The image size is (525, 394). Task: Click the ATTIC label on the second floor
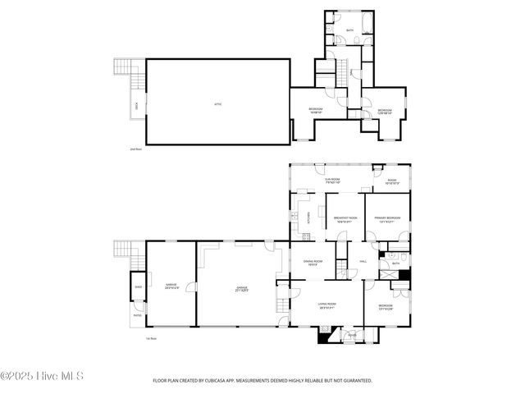click(x=217, y=103)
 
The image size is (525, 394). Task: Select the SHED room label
click(x=138, y=288)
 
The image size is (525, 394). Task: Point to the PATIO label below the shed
click(x=137, y=314)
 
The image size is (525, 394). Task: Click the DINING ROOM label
click(x=313, y=262)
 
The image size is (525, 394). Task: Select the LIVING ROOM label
click(x=328, y=305)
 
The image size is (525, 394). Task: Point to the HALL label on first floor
click(x=363, y=262)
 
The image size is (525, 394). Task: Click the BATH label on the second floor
click(x=349, y=30)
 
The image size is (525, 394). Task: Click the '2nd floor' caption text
click(x=136, y=149)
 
